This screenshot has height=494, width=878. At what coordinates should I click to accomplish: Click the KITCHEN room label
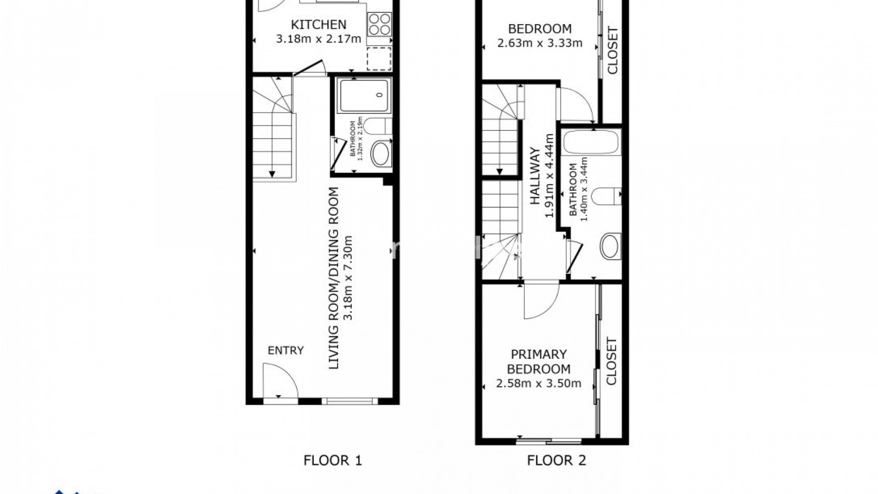click(319, 24)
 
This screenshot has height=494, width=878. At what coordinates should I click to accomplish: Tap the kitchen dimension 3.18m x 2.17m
click(319, 39)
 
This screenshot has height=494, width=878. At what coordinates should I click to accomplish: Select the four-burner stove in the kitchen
click(380, 24)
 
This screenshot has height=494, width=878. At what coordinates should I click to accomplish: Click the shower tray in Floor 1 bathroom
click(364, 95)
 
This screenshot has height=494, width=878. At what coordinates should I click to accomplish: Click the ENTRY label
click(285, 351)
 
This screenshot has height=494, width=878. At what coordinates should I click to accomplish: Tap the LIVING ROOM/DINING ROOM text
click(334, 278)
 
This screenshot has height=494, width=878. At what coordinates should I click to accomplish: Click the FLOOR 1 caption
click(332, 460)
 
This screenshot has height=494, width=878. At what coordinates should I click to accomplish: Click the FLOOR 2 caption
click(556, 460)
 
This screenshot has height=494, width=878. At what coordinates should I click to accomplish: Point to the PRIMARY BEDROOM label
click(539, 361)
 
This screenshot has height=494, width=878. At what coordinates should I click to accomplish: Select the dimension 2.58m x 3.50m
click(539, 383)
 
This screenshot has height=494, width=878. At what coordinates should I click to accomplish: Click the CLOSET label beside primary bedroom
click(611, 361)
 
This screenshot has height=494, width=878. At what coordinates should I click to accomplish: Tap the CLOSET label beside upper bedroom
click(612, 50)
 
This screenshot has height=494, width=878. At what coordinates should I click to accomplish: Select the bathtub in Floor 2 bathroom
click(592, 142)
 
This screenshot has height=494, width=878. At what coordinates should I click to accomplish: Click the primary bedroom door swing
click(540, 302)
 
